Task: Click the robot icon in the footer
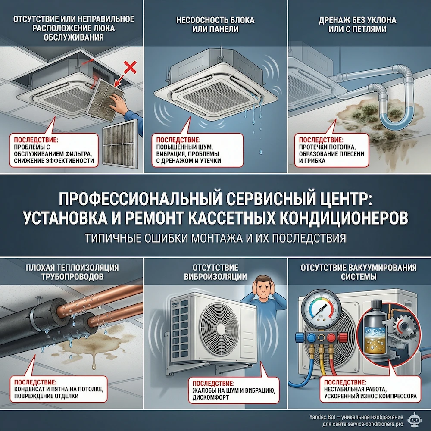pyautogui.click(x=417, y=421)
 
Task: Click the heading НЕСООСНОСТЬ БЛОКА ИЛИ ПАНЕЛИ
pyautogui.click(x=215, y=25)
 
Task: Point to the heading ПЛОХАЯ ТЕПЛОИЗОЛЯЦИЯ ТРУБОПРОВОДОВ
pyautogui.click(x=72, y=272)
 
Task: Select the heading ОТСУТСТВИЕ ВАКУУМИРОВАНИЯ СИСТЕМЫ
pyautogui.click(x=359, y=272)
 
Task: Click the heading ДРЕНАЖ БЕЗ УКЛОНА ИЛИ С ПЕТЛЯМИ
pyautogui.click(x=359, y=25)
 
